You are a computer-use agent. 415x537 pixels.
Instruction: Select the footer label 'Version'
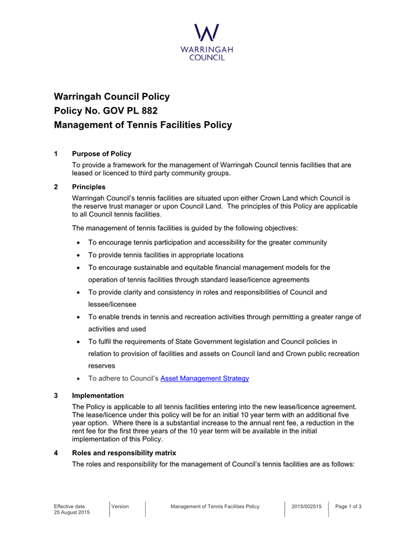pos(121,506)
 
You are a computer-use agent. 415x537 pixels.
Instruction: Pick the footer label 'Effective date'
pos(72,506)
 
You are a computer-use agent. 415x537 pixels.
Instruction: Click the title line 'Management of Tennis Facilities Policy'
pos(143,125)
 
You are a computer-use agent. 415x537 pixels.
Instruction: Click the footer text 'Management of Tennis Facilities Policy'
pos(215,506)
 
